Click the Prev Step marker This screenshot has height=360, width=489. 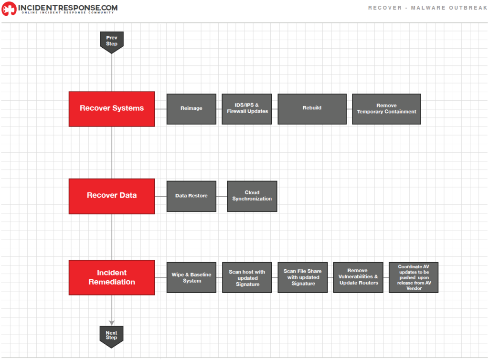click(x=112, y=42)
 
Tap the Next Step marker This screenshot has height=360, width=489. click(x=111, y=337)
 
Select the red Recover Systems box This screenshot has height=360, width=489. click(x=112, y=109)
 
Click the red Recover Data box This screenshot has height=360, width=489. click(x=112, y=196)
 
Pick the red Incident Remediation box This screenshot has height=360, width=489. click(x=112, y=277)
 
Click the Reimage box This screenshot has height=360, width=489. click(x=191, y=109)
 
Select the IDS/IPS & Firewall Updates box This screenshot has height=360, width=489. click(x=247, y=109)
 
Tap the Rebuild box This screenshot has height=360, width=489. click(x=312, y=109)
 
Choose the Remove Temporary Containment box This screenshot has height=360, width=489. click(x=386, y=109)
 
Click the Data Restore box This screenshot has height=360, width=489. click(x=191, y=196)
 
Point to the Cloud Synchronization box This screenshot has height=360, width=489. click(x=252, y=196)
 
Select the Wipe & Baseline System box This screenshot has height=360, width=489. click(x=191, y=277)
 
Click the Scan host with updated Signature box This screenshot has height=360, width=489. click(x=247, y=277)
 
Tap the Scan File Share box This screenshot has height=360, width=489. click(x=302, y=277)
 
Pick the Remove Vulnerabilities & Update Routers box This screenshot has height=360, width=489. click(x=358, y=277)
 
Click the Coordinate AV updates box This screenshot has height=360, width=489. click(x=414, y=277)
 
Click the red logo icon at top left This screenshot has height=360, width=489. click(x=9, y=9)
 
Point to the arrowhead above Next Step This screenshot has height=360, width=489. click(x=112, y=323)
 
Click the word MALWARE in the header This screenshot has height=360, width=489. click(x=428, y=8)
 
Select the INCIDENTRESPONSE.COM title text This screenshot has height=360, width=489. click(x=68, y=8)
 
